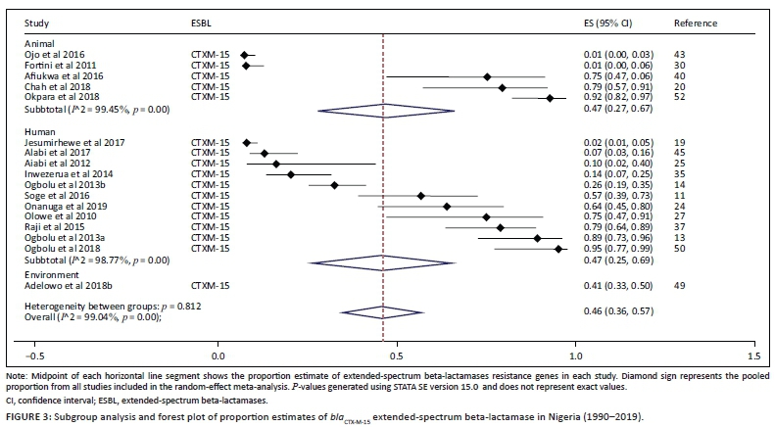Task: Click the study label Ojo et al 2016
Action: (x=49, y=55)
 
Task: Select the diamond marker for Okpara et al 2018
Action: (x=550, y=98)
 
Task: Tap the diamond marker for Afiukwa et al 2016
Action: (x=487, y=76)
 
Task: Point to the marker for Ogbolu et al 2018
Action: (x=558, y=250)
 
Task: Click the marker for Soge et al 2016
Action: (x=421, y=196)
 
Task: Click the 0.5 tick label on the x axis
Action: (x=397, y=356)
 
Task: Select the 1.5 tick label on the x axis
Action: (x=753, y=356)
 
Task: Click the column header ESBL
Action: (x=203, y=21)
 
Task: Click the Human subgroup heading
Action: (x=40, y=131)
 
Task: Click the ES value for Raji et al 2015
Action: (x=612, y=228)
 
